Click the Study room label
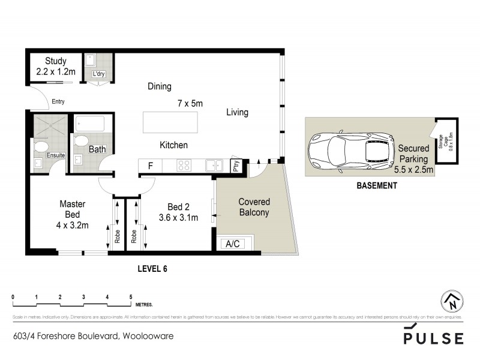click(55, 61)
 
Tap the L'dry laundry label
click(98, 74)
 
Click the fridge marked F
click(151, 166)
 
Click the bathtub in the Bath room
click(89, 124)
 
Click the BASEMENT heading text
click(376, 186)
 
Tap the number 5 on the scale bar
click(131, 297)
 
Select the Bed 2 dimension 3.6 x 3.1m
click(178, 218)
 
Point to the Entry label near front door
click(58, 101)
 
